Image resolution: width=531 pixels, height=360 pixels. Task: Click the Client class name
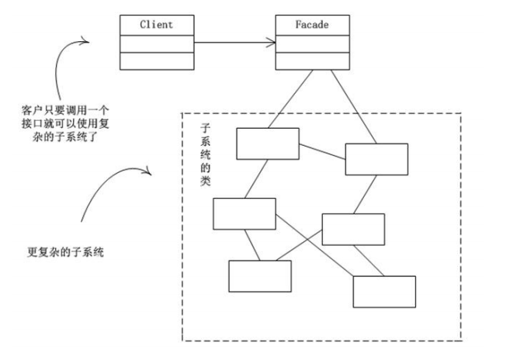point(156,24)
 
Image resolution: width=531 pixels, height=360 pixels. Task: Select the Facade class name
point(312,24)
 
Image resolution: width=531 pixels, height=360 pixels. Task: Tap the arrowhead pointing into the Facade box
point(271,43)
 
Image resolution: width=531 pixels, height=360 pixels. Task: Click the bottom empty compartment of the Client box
point(156,61)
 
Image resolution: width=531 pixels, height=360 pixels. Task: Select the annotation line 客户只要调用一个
point(65,109)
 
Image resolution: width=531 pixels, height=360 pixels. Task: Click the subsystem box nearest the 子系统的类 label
point(267,144)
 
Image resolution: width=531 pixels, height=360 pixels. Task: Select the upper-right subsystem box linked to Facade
point(376,159)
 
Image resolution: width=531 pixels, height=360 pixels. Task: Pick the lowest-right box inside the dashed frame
point(383,292)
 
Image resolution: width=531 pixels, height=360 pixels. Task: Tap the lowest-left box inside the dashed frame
point(259,276)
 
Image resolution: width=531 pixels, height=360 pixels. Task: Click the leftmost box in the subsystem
point(244,213)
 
